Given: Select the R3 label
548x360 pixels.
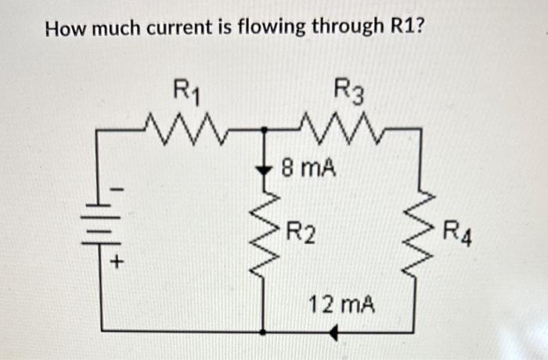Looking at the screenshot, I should pyautogui.click(x=348, y=92).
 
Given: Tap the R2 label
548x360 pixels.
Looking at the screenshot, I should pyautogui.click(x=301, y=232).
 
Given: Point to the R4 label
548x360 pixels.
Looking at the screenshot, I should pyautogui.click(x=457, y=232).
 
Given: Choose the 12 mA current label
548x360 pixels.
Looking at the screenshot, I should pyautogui.click(x=342, y=303).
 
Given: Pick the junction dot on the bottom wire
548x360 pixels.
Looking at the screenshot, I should pyautogui.click(x=264, y=332).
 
